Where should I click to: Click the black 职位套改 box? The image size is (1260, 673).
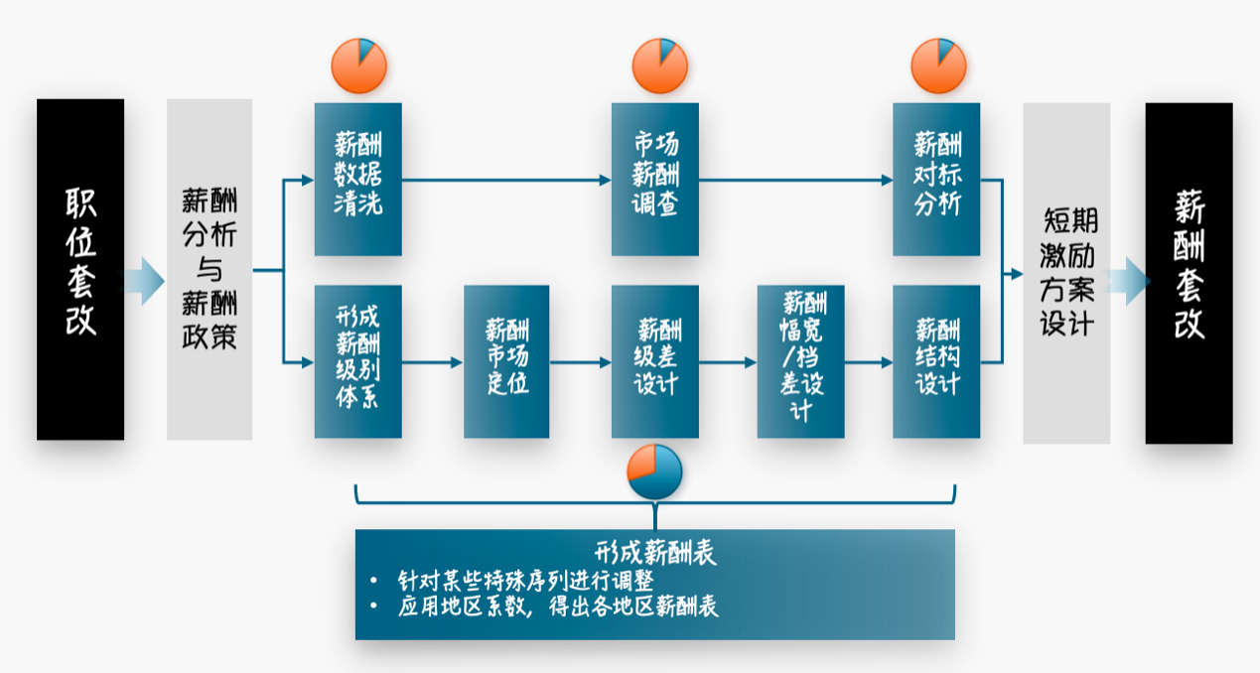tap(80, 269)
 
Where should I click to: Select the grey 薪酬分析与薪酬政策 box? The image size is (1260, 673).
tap(210, 269)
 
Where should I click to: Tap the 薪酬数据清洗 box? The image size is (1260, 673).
tap(358, 179)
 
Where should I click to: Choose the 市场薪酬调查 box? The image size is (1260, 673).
tap(655, 179)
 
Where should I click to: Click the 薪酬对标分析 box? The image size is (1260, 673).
tap(936, 179)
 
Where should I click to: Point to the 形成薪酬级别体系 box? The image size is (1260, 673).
tap(358, 361)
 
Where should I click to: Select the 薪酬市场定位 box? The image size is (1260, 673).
tap(506, 361)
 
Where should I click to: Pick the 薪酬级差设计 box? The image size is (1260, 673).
tap(655, 361)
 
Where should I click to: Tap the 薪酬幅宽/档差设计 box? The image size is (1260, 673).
tap(800, 361)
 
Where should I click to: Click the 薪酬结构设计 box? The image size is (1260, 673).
tap(936, 361)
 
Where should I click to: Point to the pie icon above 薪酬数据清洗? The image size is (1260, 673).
tap(358, 67)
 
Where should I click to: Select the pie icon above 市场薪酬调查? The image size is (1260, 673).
tap(659, 67)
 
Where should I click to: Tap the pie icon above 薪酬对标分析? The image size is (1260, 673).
tap(938, 67)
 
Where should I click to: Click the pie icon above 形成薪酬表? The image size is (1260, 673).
tap(654, 472)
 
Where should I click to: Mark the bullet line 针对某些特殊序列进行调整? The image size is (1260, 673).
tap(525, 580)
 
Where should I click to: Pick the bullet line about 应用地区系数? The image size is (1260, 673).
tap(557, 606)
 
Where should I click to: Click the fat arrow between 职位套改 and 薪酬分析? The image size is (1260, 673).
tap(141, 281)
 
